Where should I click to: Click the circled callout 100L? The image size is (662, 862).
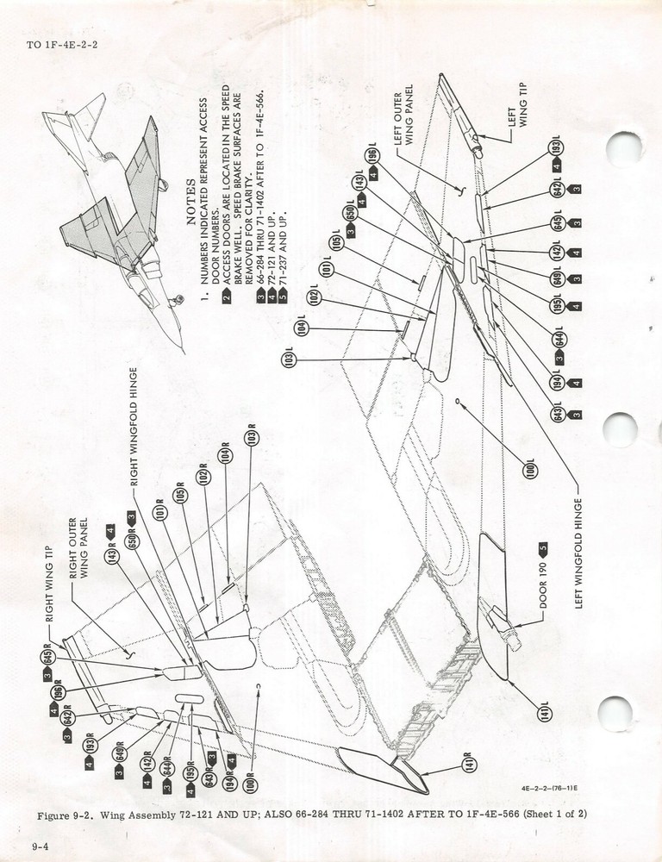[530, 469]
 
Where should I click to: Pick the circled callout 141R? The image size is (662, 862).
[470, 765]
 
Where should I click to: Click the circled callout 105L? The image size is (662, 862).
[337, 242]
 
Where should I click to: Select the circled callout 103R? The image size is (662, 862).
[251, 438]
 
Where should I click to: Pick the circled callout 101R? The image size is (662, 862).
[159, 513]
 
